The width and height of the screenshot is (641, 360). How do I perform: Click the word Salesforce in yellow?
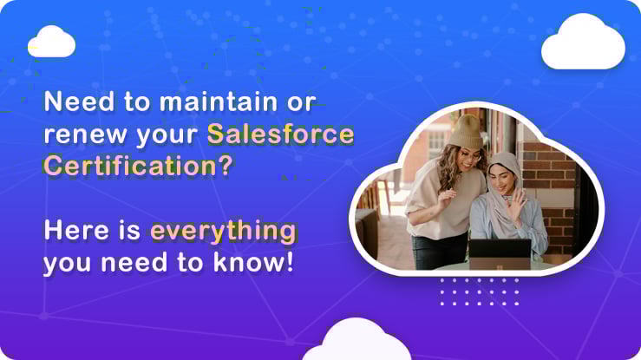(280, 134)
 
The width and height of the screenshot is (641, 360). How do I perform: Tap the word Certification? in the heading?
(138, 166)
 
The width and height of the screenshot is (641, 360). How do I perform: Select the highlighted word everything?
(223, 232)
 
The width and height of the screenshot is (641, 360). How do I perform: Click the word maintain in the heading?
(219, 101)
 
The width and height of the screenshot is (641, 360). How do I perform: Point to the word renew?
(86, 135)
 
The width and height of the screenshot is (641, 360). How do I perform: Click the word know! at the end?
(253, 262)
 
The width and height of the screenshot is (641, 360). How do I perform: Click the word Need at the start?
(79, 101)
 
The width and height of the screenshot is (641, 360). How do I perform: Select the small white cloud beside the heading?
(51, 42)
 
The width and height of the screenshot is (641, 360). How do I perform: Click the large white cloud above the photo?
(583, 42)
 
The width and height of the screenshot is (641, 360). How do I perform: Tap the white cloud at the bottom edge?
(356, 340)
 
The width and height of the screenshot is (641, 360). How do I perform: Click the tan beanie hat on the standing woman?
(467, 132)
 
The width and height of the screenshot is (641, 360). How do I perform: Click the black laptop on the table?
(500, 254)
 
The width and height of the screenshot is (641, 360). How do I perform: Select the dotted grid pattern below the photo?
(480, 291)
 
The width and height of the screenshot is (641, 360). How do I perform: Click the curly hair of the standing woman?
(449, 167)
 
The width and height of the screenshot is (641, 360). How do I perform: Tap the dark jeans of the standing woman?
(438, 252)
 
